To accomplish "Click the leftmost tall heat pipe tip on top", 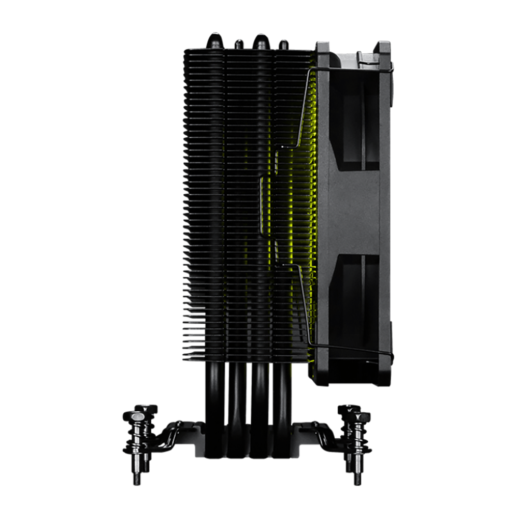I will point(214,40).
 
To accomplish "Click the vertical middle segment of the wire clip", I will point(262,207).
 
